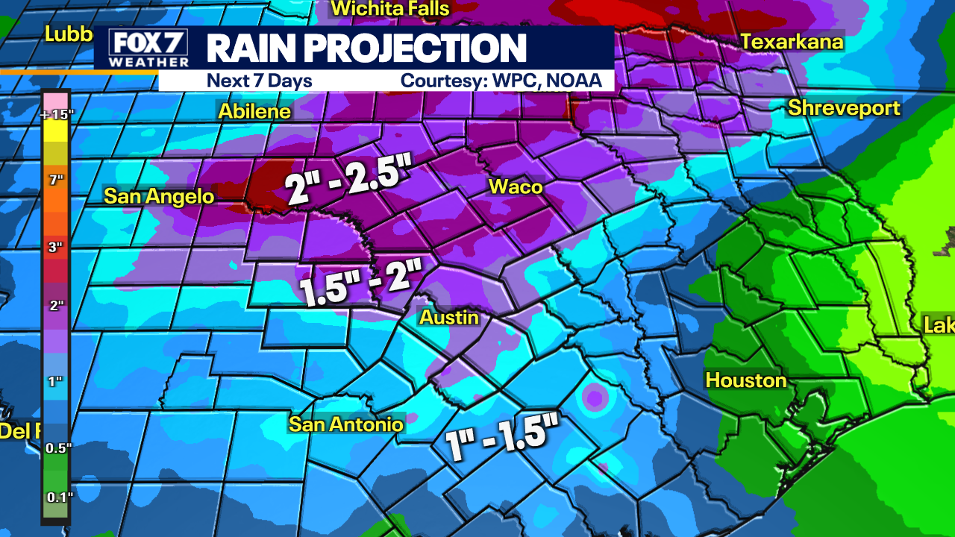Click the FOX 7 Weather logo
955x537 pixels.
pos(148,48)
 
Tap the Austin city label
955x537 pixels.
pos(448,317)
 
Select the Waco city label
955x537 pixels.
pos(515,186)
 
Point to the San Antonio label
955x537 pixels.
pos(346,424)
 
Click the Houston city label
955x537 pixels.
pos(746,380)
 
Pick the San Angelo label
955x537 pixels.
pos(159,196)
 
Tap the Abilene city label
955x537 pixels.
pos(254,111)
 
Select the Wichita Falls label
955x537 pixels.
pos(390,9)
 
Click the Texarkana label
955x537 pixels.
pos(792,42)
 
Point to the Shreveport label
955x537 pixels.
pos(844,108)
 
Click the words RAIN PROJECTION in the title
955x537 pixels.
pos(366,48)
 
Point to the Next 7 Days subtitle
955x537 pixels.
pos(259,81)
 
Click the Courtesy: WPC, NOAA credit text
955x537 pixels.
pos(501,81)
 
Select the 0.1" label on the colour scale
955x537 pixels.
pos(56,497)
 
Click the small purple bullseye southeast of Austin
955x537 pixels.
pos(595,398)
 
